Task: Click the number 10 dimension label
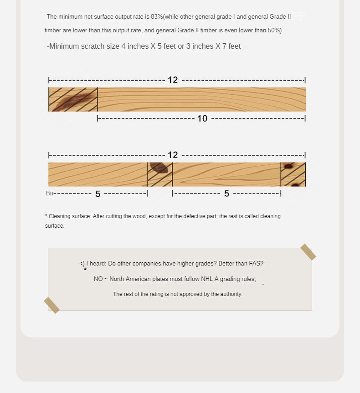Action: click(x=202, y=118)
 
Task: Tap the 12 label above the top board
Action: click(x=173, y=80)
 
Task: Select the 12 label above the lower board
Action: click(x=173, y=155)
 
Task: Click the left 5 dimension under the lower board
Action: click(x=98, y=194)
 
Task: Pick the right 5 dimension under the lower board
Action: click(x=226, y=194)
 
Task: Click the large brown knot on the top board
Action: click(x=73, y=102)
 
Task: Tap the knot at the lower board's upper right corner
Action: click(x=289, y=166)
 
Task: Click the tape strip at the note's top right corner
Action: click(x=308, y=252)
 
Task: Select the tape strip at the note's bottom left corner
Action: click(x=51, y=305)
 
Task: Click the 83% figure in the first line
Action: click(x=157, y=17)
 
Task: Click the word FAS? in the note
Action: click(x=256, y=263)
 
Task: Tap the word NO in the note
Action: click(x=98, y=279)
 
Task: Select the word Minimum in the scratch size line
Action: click(x=64, y=46)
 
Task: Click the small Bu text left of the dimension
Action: click(x=49, y=193)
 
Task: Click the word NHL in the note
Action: click(x=207, y=279)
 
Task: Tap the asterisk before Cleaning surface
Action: click(x=46, y=215)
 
